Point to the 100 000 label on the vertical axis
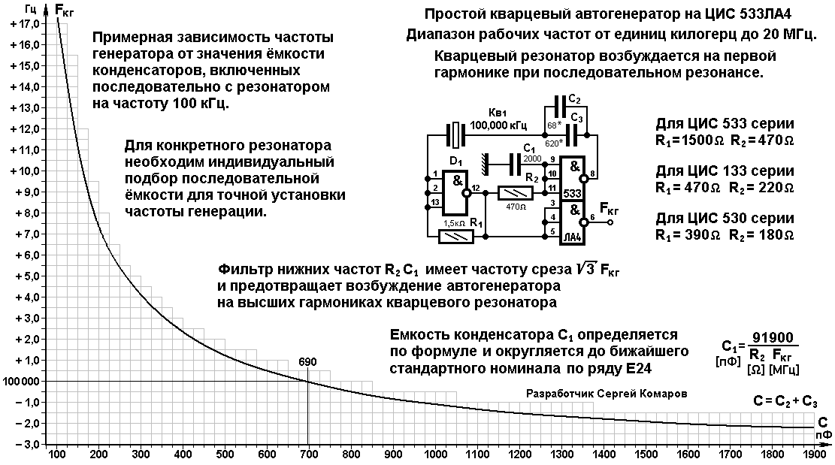coord(21,382)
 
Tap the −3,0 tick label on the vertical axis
coord(25,444)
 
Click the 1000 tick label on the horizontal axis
coord(437,454)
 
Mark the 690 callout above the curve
coord(307,362)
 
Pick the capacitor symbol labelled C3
coord(572,135)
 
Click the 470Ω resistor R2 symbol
coord(516,193)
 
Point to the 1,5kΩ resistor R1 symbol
coord(456,236)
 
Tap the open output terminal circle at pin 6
coord(610,222)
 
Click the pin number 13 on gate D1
coord(435,202)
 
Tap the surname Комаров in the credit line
coord(664,394)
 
